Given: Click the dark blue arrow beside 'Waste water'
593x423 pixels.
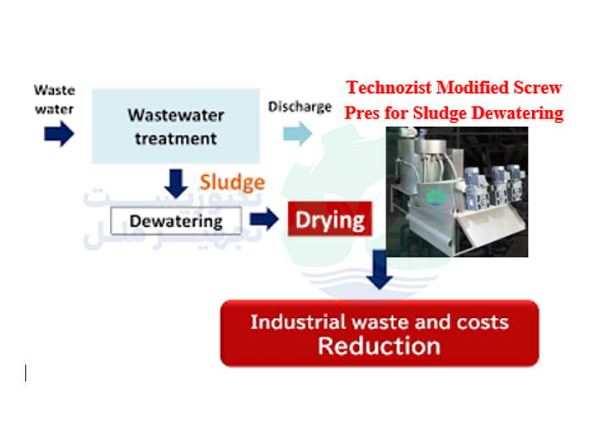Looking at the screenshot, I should pyautogui.click(x=58, y=135).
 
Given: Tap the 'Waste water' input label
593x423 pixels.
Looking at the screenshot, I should pyautogui.click(x=54, y=99).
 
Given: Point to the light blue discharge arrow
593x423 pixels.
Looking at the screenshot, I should pyautogui.click(x=296, y=133).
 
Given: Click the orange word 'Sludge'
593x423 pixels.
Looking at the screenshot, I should pyautogui.click(x=232, y=182).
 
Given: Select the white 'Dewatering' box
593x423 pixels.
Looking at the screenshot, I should pyautogui.click(x=176, y=222).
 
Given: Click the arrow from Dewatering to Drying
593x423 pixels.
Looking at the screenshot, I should pyautogui.click(x=264, y=221).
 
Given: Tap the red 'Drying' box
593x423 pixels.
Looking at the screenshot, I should pyautogui.click(x=330, y=221).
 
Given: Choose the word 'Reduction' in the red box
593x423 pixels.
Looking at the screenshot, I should pyautogui.click(x=379, y=346).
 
